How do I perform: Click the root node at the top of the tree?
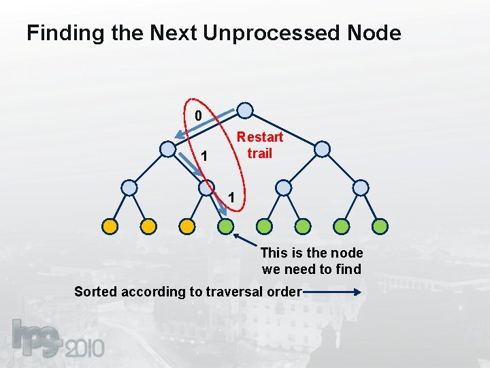(x=245, y=110)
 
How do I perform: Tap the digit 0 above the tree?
(x=198, y=116)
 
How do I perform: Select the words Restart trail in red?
(x=259, y=145)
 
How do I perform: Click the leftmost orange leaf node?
(x=110, y=226)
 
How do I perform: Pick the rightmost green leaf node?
(x=380, y=226)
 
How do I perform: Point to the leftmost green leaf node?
(x=226, y=226)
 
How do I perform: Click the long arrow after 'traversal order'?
(x=333, y=292)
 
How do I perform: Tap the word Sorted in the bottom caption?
(x=95, y=292)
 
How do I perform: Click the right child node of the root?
(x=323, y=149)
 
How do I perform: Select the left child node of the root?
(x=167, y=149)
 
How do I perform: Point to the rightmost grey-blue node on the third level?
(x=361, y=187)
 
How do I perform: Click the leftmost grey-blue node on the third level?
(x=129, y=187)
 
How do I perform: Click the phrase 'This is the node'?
(x=312, y=253)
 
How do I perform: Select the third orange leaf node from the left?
(x=187, y=226)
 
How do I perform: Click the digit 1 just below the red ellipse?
(x=232, y=198)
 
